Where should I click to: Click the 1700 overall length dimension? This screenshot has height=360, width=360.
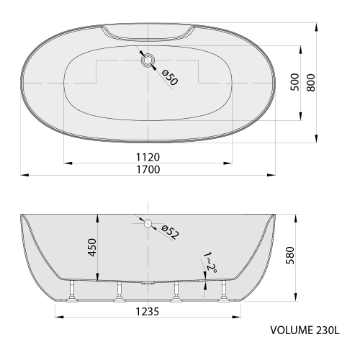coord(148,169)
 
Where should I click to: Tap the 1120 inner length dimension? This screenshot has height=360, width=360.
coord(148,158)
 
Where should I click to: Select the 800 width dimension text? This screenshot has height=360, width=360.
coord(311,83)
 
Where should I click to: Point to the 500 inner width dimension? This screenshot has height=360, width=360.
coord(295,82)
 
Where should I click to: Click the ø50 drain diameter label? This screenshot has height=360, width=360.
coord(170,77)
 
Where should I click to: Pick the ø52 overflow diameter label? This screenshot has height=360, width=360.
coord(171,232)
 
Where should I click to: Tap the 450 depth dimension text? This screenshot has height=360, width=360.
coord(92,248)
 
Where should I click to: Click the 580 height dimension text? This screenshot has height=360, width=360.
coord(290,256)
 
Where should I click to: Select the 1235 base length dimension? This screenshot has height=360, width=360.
coord(148,312)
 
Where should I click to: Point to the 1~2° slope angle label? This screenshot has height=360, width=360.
coord(210,263)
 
